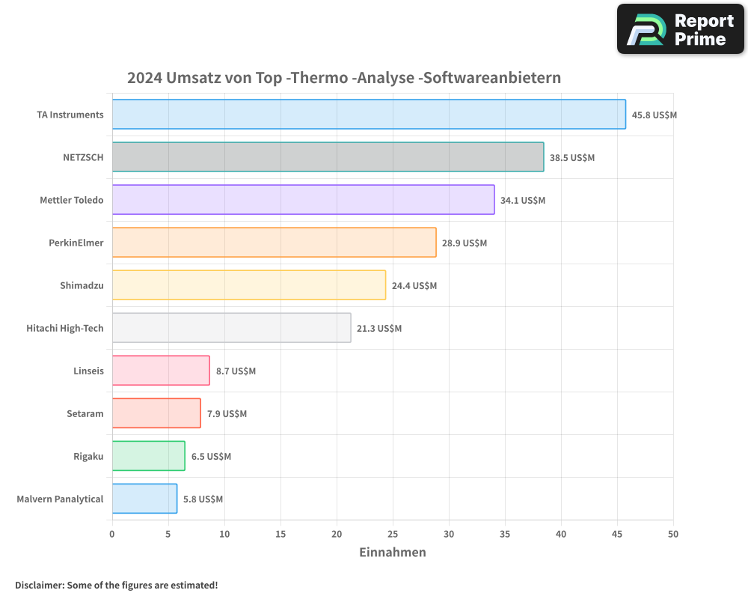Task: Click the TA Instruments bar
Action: pyautogui.click(x=369, y=115)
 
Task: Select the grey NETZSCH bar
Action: pyautogui.click(x=328, y=157)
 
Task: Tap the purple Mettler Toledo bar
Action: pyautogui.click(x=303, y=200)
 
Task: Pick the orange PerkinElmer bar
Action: pyautogui.click(x=274, y=243)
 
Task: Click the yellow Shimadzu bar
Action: pyautogui.click(x=249, y=285)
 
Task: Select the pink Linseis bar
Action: pyautogui.click(x=161, y=371)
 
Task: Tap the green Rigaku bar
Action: pyautogui.click(x=148, y=456)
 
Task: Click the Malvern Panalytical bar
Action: pyautogui.click(x=144, y=499)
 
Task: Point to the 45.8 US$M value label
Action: pyautogui.click(x=654, y=115)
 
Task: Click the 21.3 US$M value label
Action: pyautogui.click(x=378, y=329)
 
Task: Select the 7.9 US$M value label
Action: pyautogui.click(x=227, y=414)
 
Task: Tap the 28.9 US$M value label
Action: pyautogui.click(x=464, y=243)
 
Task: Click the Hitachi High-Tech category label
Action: pyautogui.click(x=65, y=328)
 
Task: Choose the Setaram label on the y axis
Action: pyautogui.click(x=85, y=413)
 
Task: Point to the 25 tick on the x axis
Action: pyautogui.click(x=393, y=534)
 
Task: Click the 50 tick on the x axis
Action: pyautogui.click(x=672, y=534)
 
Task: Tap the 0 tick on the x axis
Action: pyautogui.click(x=112, y=534)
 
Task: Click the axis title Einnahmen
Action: pyautogui.click(x=393, y=553)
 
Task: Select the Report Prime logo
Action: pyautogui.click(x=681, y=29)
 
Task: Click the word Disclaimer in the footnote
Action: pyautogui.click(x=39, y=586)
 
